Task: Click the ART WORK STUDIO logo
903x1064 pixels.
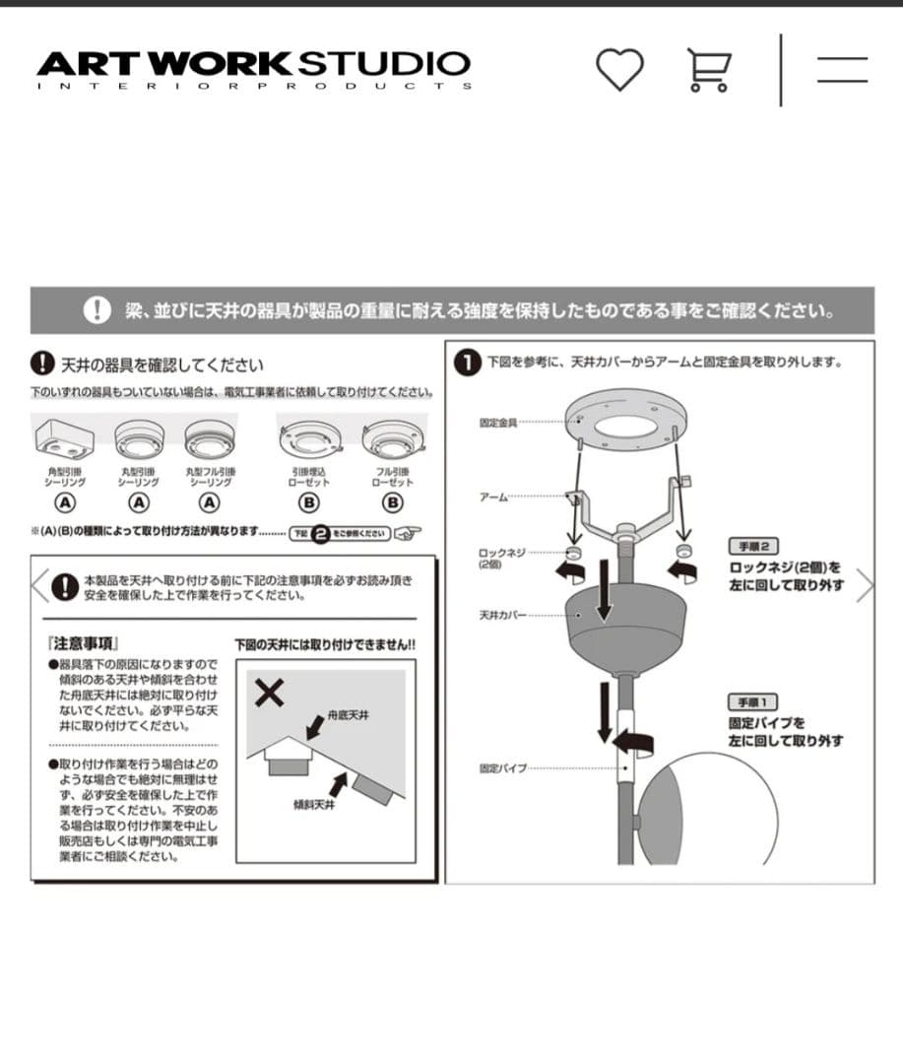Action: [x=254, y=68]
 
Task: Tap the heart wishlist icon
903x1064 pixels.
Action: [x=619, y=69]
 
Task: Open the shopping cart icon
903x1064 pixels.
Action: [x=709, y=70]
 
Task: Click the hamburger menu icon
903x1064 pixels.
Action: [x=842, y=69]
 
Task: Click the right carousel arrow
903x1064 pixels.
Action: [x=865, y=585]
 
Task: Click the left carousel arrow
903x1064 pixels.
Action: [x=39, y=585]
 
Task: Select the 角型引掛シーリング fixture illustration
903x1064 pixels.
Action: [x=65, y=436]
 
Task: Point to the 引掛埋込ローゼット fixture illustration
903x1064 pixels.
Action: [x=309, y=438]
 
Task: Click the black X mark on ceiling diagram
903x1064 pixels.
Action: [x=269, y=694]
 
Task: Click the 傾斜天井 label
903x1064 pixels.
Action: [x=314, y=804]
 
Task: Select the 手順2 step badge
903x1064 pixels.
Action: [x=754, y=546]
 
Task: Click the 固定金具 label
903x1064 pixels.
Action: [x=497, y=423]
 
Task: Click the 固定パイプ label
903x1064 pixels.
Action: [x=501, y=767]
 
